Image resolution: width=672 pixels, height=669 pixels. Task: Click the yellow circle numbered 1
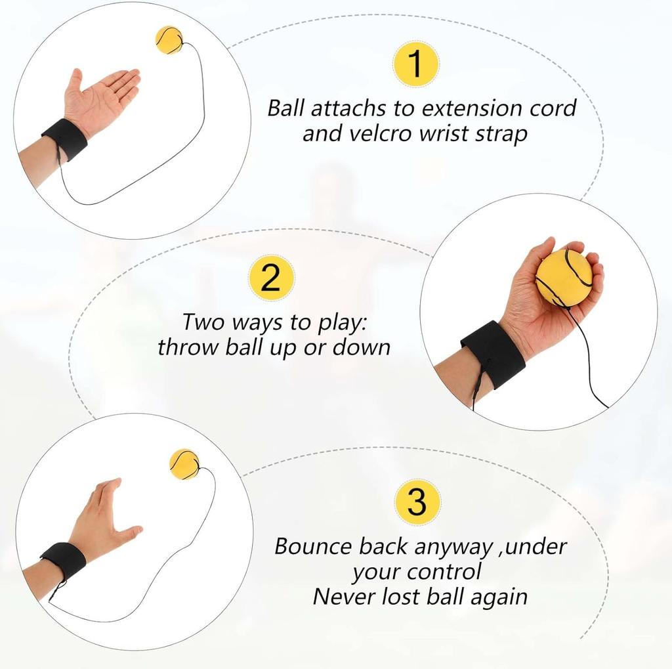tap(416, 64)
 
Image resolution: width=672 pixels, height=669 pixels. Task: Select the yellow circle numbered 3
tap(417, 502)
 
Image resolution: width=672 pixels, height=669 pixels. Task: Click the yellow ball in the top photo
tap(169, 39)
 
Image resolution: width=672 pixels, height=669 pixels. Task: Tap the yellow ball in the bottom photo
tap(184, 464)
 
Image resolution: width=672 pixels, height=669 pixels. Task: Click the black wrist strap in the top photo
tap(65, 139)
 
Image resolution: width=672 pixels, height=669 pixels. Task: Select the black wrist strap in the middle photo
tap(493, 354)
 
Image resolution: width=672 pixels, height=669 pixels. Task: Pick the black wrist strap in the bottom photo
tap(64, 561)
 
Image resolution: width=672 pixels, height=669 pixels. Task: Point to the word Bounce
tap(314, 546)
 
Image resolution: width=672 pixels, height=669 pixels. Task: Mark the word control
tap(444, 571)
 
